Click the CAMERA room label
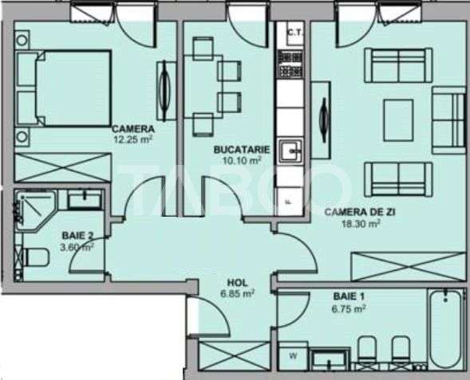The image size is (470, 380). coord(132,129)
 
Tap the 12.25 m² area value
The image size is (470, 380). coord(132,139)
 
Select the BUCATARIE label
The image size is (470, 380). coord(242,149)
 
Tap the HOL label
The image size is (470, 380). coord(236,282)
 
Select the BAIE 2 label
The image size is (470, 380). coord(78,236)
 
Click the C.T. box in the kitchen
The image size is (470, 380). coord(292,32)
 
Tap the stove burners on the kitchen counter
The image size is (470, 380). coord(287,58)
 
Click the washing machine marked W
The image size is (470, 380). coord(292,355)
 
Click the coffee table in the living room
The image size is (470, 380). coord(399,119)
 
